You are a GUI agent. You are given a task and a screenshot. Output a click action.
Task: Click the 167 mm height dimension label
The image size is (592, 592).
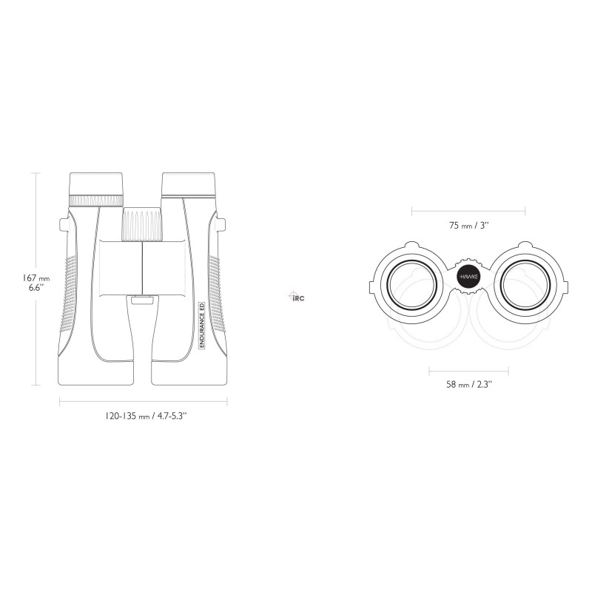tap(36, 283)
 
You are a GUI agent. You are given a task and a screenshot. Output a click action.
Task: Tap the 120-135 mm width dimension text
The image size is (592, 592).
tap(146, 416)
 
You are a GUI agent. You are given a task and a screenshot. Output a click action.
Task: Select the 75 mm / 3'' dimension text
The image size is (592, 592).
tap(469, 226)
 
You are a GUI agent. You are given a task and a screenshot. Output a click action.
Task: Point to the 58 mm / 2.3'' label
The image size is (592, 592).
tap(469, 384)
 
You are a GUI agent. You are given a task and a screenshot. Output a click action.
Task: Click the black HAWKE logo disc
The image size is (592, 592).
tap(468, 277)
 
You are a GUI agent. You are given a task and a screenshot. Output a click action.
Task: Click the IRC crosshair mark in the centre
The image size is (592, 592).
tap(297, 297)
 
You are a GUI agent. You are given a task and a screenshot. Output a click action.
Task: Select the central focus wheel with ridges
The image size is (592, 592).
tap(142, 224)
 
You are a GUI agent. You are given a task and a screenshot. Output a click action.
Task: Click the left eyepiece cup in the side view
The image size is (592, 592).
tap(96, 184)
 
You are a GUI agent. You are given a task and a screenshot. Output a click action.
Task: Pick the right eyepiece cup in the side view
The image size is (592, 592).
tap(189, 184)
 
